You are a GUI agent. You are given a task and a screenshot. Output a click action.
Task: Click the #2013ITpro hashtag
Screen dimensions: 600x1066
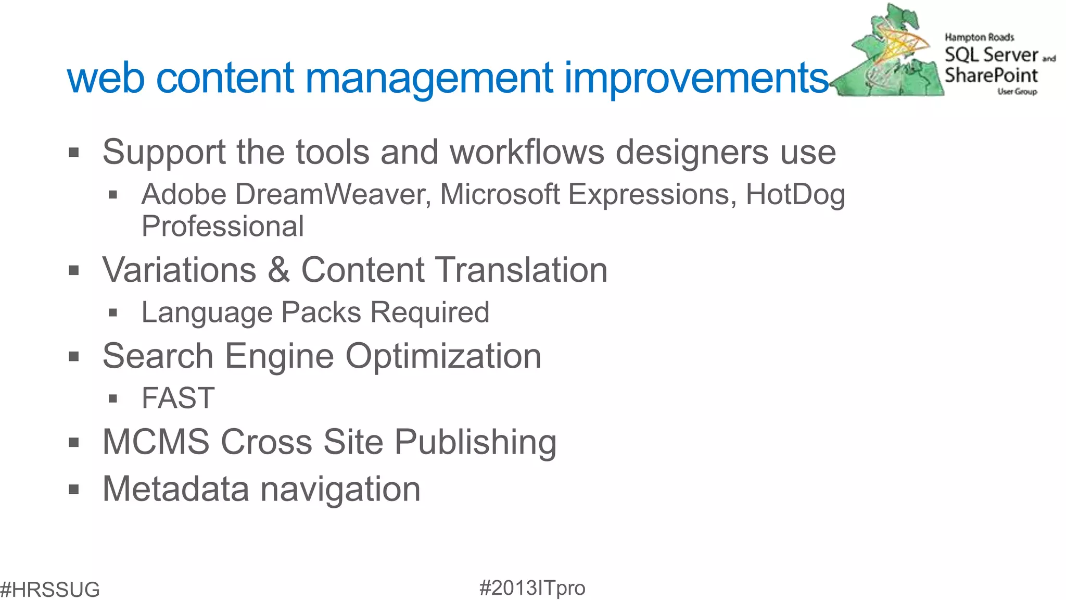(x=532, y=588)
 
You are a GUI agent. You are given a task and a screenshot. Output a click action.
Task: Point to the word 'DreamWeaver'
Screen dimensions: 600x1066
(x=331, y=195)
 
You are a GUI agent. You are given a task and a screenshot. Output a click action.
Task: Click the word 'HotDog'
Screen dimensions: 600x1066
(x=795, y=195)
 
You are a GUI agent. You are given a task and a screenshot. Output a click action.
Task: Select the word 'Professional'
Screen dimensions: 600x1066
(x=223, y=227)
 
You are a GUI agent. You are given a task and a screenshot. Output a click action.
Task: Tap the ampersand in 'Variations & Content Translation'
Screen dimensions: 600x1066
(x=279, y=270)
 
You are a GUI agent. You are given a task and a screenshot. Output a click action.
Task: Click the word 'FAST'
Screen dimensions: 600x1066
(x=178, y=398)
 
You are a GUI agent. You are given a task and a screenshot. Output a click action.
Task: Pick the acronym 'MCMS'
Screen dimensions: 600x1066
(x=156, y=442)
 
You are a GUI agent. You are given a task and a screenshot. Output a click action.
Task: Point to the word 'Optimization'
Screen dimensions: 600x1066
(x=443, y=356)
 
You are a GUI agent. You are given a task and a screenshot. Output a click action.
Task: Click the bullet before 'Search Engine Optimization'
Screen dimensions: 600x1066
(x=74, y=357)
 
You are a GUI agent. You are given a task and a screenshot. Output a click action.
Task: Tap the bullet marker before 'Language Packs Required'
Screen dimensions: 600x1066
(x=113, y=313)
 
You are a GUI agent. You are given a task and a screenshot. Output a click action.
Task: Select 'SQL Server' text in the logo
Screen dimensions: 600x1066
(x=991, y=55)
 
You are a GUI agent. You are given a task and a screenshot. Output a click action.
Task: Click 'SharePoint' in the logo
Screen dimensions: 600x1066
(x=991, y=76)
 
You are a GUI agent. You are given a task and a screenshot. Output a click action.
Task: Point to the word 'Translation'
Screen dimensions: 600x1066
(x=521, y=270)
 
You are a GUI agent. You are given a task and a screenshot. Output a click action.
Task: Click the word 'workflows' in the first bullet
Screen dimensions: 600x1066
(x=527, y=153)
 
